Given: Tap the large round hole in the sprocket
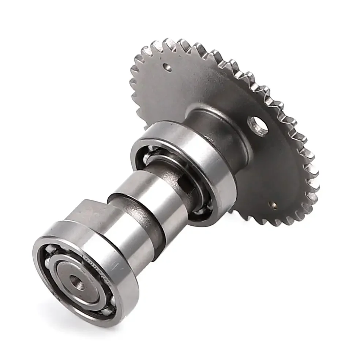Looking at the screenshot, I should pyautogui.click(x=258, y=126).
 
